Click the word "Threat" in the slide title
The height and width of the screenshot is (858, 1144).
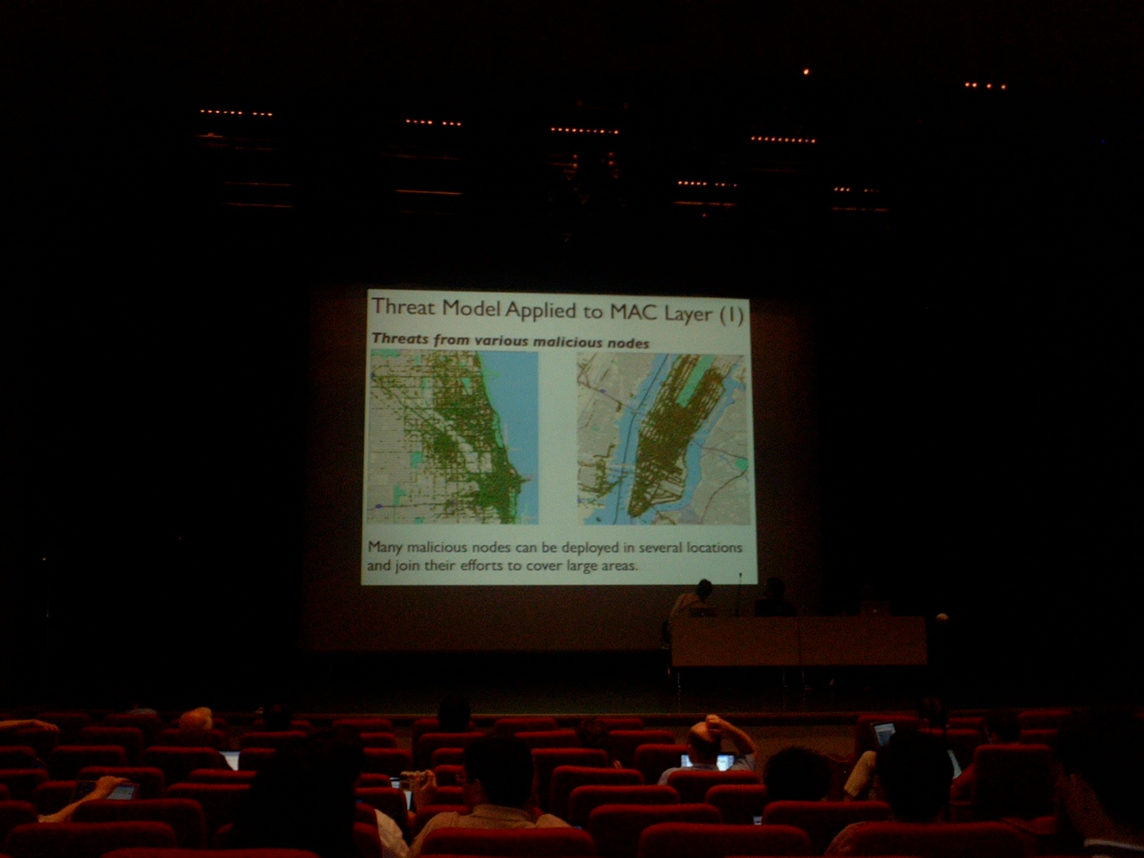pos(404,307)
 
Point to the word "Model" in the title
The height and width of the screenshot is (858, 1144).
pos(472,308)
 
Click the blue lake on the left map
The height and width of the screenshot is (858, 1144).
pos(516,417)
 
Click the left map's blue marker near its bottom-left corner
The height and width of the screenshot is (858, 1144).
pos(379,506)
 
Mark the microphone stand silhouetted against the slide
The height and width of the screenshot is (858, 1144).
pos(739,594)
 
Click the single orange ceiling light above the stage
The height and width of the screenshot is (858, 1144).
pos(807,72)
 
